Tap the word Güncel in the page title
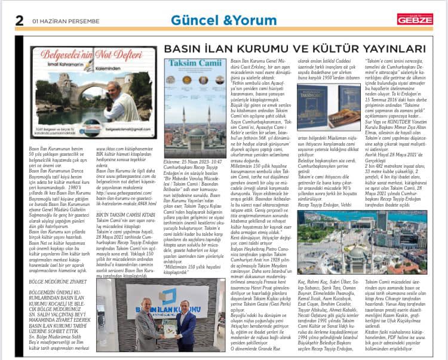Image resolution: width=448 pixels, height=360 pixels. pos(192,20)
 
